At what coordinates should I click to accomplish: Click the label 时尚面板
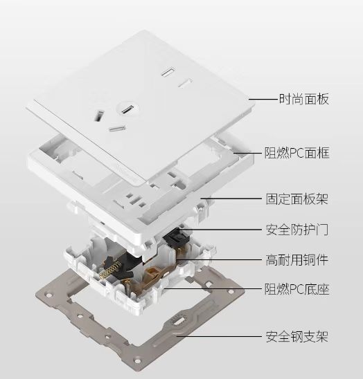tap(304, 99)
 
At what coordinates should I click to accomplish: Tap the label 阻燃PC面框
tap(296, 153)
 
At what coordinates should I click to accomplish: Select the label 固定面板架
tap(296, 199)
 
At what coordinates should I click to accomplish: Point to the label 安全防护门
tap(297, 230)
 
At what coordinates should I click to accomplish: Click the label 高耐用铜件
tap(296, 260)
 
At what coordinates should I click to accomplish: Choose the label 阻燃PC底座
tap(296, 289)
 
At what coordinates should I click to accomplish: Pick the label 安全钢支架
tap(297, 336)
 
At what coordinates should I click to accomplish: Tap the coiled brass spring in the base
tap(110, 269)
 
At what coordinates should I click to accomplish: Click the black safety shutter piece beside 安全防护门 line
tap(176, 238)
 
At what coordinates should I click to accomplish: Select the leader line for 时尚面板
tap(263, 99)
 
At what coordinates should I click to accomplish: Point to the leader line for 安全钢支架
tap(219, 336)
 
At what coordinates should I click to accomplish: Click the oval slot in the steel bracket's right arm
tap(179, 322)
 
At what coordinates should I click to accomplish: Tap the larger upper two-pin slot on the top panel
tap(168, 72)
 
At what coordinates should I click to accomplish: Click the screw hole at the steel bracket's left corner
tap(48, 295)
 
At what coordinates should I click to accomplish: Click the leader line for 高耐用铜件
tap(220, 260)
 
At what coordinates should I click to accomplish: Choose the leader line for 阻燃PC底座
tap(213, 288)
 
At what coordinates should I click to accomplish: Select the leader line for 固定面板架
tap(231, 198)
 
